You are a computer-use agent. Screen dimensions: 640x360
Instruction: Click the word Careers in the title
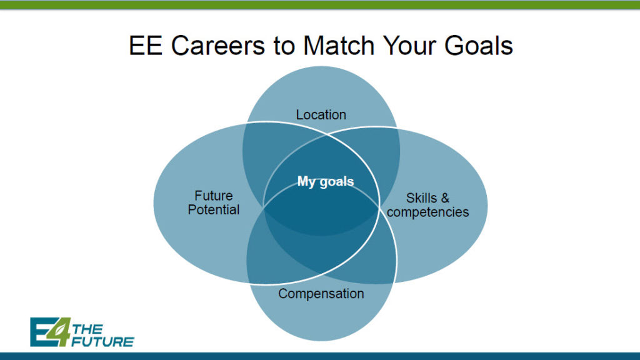pyautogui.click(x=218, y=45)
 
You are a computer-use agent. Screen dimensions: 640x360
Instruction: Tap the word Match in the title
pyautogui.click(x=339, y=45)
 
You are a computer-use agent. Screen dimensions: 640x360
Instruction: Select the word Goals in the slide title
pyautogui.click(x=478, y=45)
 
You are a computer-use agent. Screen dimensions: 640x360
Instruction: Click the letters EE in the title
pyautogui.click(x=146, y=45)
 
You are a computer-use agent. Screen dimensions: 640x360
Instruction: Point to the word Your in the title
pyautogui.click(x=409, y=45)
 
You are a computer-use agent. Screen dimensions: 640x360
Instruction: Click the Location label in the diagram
pyautogui.click(x=321, y=115)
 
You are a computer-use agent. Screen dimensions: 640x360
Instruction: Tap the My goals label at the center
pyautogui.click(x=325, y=182)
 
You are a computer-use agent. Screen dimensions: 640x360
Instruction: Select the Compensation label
pyautogui.click(x=321, y=294)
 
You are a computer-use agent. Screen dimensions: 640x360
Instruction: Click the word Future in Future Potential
pyautogui.click(x=214, y=196)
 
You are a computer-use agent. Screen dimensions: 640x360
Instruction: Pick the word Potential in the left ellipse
pyautogui.click(x=214, y=210)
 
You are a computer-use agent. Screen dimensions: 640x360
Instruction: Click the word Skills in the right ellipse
pyautogui.click(x=421, y=198)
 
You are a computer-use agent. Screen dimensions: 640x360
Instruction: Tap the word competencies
pyautogui.click(x=427, y=212)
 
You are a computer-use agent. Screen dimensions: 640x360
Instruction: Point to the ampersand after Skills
pyautogui.click(x=445, y=198)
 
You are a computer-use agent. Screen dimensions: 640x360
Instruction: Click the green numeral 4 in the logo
pyautogui.click(x=59, y=331)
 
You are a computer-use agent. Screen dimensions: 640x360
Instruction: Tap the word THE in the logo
pyautogui.click(x=87, y=329)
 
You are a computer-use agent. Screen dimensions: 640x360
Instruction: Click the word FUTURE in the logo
pyautogui.click(x=102, y=342)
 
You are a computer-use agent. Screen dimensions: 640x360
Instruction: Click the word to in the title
pyautogui.click(x=284, y=46)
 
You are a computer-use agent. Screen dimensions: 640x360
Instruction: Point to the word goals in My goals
pyautogui.click(x=337, y=182)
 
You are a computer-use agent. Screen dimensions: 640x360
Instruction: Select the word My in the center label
pyautogui.click(x=307, y=182)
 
